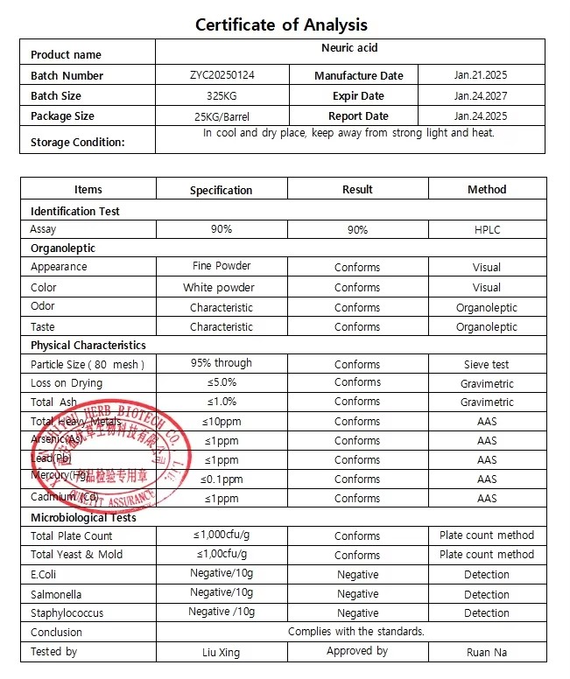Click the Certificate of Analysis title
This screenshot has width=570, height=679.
pyautogui.click(x=281, y=24)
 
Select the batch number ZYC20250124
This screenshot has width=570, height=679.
pyautogui.click(x=222, y=75)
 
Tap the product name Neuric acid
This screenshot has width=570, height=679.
pyautogui.click(x=349, y=47)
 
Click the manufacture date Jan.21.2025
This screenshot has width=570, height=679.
pyautogui.click(x=481, y=75)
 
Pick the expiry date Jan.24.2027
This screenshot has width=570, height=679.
pyautogui.click(x=481, y=96)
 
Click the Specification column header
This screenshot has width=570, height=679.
pyautogui.click(x=221, y=190)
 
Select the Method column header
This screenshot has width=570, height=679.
pyautogui.click(x=487, y=189)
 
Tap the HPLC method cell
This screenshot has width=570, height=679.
pyautogui.click(x=487, y=229)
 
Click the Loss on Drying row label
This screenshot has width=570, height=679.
pyautogui.click(x=67, y=383)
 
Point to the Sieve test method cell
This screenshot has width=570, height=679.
pyautogui.click(x=487, y=364)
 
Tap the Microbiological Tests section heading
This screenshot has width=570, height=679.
pyautogui.click(x=84, y=517)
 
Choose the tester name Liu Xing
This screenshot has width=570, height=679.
pyautogui.click(x=221, y=652)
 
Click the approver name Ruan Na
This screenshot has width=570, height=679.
pyautogui.click(x=487, y=652)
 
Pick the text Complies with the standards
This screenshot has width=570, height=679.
pyautogui.click(x=356, y=631)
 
